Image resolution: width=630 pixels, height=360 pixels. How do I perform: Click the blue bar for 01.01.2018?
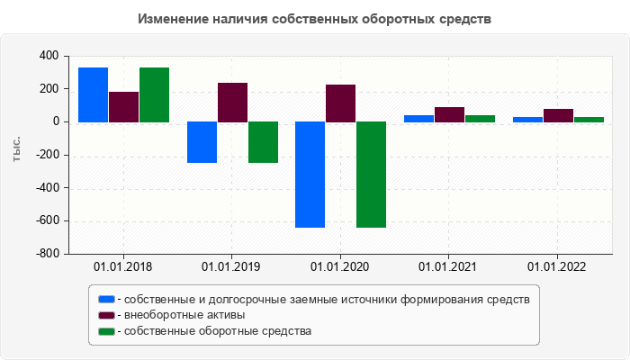point(94,94)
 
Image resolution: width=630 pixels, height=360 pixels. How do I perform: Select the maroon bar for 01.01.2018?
point(124,106)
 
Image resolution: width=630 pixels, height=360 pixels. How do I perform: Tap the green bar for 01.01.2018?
point(155,94)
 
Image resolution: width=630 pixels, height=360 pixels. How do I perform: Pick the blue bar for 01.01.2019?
point(202,142)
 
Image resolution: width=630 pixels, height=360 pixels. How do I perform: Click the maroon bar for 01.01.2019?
point(232,102)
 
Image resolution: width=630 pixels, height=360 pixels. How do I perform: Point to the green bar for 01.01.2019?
point(263,142)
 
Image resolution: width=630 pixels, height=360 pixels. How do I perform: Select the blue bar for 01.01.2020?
point(310,175)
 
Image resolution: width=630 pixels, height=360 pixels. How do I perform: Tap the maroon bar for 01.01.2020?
point(341,103)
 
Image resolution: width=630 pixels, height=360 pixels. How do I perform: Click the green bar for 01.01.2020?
point(372,175)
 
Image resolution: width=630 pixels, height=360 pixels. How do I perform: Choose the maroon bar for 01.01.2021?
point(449,114)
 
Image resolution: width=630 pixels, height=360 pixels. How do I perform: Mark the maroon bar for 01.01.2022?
point(558,115)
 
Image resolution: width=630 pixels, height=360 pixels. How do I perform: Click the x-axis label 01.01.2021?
point(449,266)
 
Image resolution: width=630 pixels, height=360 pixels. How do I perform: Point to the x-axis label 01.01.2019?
point(232,266)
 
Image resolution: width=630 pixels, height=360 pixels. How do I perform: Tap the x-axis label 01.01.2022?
point(558,266)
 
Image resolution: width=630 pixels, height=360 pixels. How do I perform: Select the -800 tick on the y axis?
point(46,254)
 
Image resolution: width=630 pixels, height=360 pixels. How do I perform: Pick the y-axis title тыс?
point(16,150)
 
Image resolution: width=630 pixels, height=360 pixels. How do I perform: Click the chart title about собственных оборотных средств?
point(315,19)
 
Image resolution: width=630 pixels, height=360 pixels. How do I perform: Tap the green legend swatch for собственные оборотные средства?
point(107,331)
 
